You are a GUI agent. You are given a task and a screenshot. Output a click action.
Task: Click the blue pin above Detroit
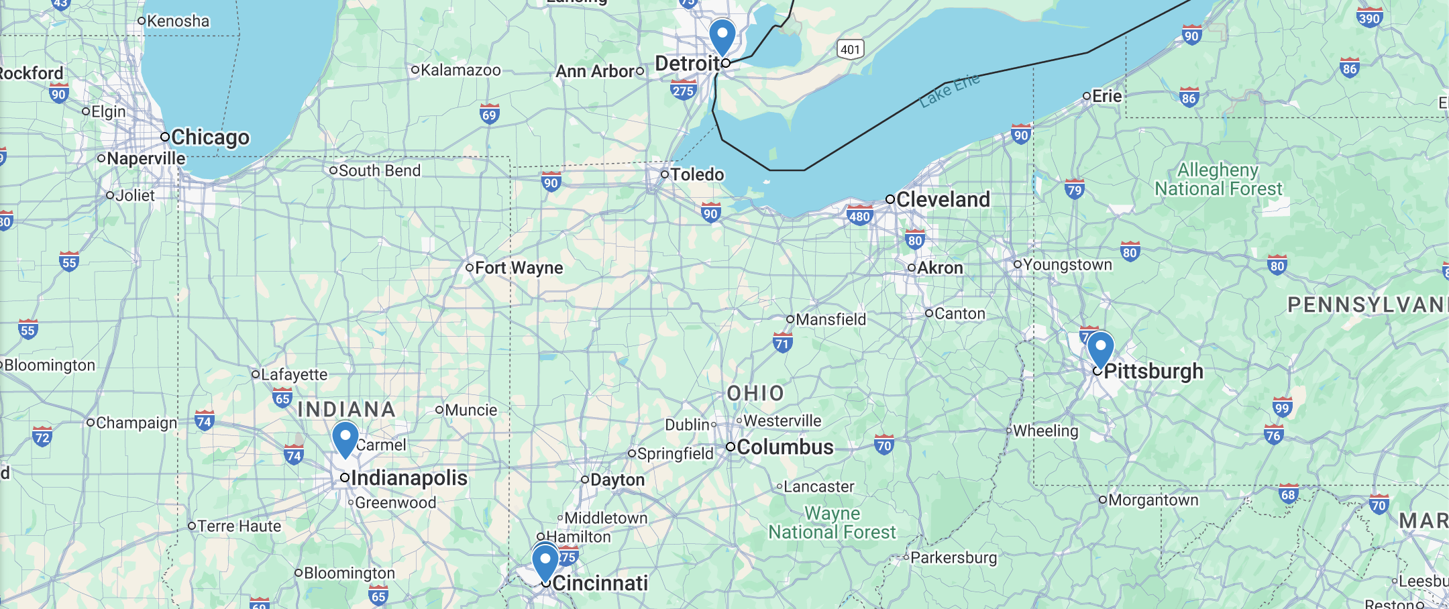coord(722,36)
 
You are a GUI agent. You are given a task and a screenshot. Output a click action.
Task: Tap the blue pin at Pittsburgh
coord(1100,348)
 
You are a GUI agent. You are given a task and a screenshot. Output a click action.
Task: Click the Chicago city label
coord(210,137)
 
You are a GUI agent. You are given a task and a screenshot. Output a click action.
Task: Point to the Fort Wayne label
coord(519,268)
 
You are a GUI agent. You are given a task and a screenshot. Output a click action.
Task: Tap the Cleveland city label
coord(943,199)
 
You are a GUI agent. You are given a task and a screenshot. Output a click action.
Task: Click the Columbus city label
coord(785,447)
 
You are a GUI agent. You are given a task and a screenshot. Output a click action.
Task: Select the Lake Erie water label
coord(949,91)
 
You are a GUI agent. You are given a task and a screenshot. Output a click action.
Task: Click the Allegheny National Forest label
coord(1218,180)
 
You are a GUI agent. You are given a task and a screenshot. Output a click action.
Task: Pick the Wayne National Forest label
coord(832,522)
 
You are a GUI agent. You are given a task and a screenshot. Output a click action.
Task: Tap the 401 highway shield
coord(850,49)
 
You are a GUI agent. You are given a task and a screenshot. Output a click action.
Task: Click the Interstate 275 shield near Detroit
coord(683,90)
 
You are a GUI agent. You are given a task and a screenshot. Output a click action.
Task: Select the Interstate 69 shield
coord(490,114)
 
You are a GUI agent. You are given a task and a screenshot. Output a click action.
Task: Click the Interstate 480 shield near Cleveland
coord(859,216)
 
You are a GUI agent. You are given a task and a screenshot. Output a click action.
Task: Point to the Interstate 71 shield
coord(782,343)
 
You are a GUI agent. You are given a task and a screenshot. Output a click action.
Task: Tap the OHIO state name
coord(755,394)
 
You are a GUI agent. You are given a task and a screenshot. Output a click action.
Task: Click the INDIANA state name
coord(346,409)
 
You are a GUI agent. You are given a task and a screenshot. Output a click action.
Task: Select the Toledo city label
coord(697,174)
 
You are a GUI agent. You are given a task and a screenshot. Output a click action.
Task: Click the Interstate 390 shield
coord(1368,17)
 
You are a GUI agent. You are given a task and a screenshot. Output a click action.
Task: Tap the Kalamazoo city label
coord(460,70)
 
